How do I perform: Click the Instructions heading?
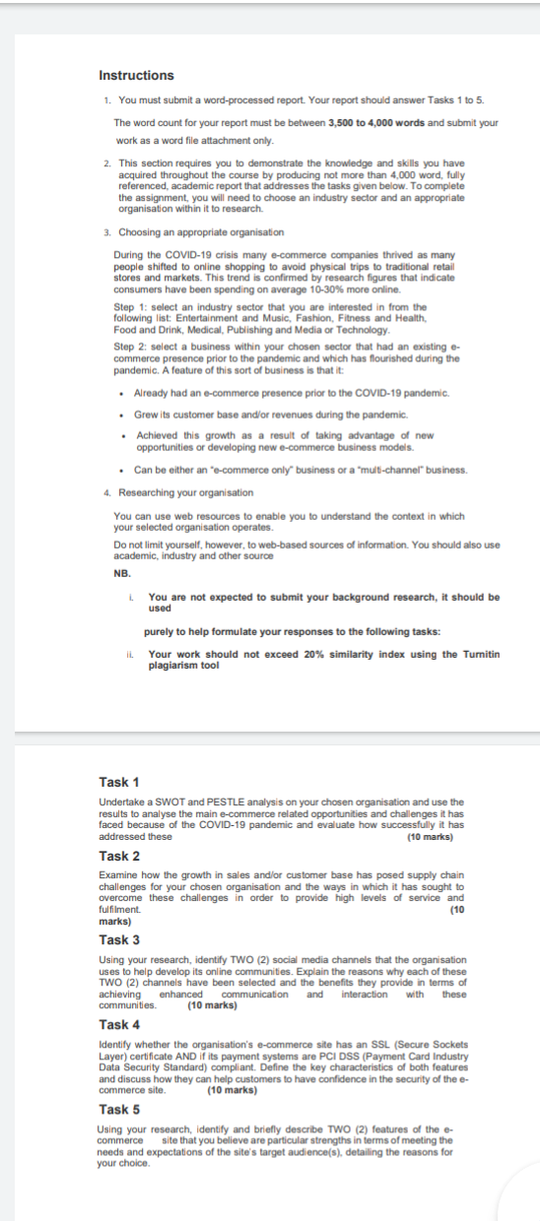[x=136, y=76]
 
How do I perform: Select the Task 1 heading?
[x=119, y=782]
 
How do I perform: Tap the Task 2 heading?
[x=119, y=856]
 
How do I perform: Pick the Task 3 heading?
[x=119, y=939]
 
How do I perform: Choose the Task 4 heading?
[x=119, y=1024]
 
